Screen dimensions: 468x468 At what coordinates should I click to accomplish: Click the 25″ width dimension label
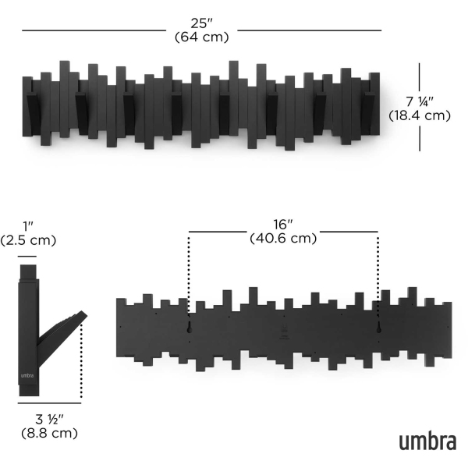[x=202, y=23]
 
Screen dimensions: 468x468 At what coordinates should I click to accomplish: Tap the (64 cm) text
[x=202, y=37]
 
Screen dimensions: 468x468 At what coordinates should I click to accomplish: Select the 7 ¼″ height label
[x=420, y=101]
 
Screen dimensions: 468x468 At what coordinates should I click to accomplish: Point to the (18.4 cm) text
[x=420, y=115]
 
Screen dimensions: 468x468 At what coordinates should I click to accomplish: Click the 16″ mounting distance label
[x=283, y=225]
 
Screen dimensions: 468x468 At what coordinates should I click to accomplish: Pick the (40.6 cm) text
[x=283, y=238]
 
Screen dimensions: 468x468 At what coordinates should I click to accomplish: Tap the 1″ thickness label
[x=28, y=226]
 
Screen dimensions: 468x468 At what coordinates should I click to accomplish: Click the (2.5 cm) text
[x=28, y=240]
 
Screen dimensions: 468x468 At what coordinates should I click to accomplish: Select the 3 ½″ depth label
[x=50, y=420]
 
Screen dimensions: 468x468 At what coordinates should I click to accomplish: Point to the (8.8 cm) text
[x=50, y=433]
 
